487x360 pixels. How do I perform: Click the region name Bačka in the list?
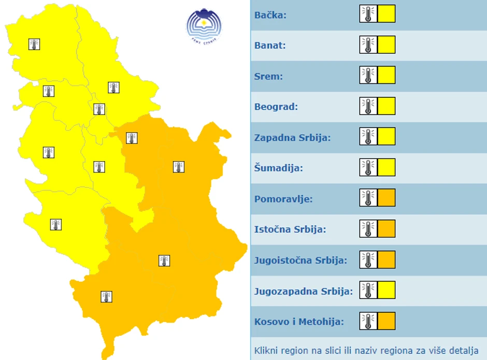[x=270, y=15]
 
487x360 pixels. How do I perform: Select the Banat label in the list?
[x=270, y=46]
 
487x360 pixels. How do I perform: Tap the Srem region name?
[x=268, y=76]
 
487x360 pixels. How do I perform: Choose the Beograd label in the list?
[x=276, y=107]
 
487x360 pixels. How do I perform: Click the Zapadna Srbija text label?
[x=292, y=138]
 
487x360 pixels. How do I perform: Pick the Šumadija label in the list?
[x=279, y=168]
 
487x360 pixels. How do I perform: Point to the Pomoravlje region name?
[x=283, y=199]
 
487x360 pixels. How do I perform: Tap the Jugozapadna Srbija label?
[x=304, y=291]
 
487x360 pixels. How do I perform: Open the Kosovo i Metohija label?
[x=299, y=322]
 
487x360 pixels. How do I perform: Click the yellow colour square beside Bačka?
[x=386, y=14]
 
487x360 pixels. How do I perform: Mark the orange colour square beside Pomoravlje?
[x=386, y=198]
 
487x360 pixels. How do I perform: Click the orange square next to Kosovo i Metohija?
[x=386, y=321]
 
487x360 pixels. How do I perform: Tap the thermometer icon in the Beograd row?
[x=368, y=106]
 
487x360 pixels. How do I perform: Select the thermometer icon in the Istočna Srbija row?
[x=368, y=228]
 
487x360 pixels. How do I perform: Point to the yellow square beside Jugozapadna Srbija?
[x=386, y=290]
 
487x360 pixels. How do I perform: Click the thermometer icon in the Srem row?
[x=368, y=75]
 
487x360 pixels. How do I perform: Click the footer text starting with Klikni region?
[x=366, y=351]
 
